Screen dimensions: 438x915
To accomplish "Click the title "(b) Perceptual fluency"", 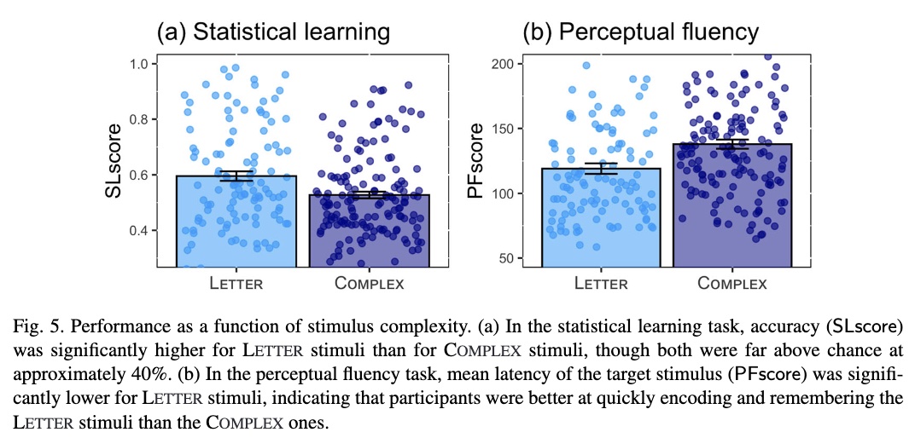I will point(640,32).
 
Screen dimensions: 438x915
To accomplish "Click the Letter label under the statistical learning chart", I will point(236,284).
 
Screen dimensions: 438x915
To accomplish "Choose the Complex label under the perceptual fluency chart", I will point(732,284).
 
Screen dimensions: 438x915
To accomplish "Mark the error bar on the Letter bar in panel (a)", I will point(236,176).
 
